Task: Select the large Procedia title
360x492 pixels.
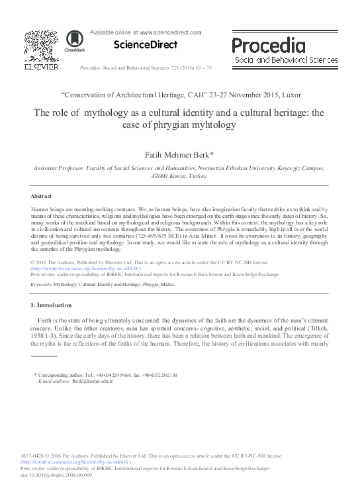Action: (269, 46)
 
